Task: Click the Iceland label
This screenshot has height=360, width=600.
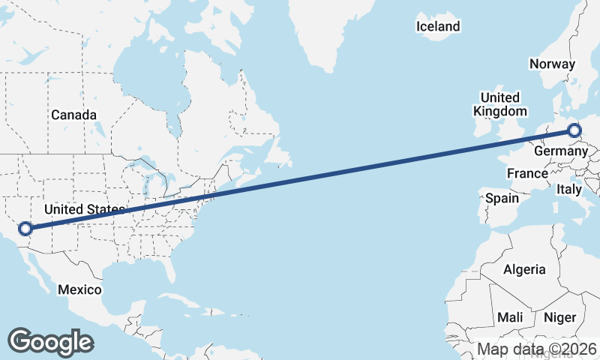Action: tap(438, 27)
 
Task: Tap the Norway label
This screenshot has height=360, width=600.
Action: tap(552, 64)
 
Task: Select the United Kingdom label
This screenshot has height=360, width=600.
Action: tap(499, 104)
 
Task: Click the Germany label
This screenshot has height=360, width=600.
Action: tap(560, 151)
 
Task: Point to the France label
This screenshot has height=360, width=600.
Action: tap(527, 174)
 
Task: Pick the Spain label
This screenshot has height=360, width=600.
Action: tap(502, 199)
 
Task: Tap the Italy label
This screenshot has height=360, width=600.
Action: tap(569, 190)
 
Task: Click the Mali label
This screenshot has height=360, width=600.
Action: tap(509, 318)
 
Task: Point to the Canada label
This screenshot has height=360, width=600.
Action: tap(73, 115)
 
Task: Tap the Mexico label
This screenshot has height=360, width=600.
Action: tap(79, 289)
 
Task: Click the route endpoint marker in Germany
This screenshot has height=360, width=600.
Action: tap(574, 131)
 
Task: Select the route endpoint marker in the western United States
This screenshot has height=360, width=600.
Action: tap(25, 228)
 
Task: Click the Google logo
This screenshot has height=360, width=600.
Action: tap(50, 342)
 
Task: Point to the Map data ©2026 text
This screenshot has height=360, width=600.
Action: tap(537, 349)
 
